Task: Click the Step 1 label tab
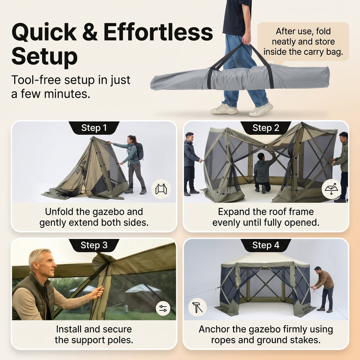94,128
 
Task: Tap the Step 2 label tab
265,128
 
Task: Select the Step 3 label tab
94,245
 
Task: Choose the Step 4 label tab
265,245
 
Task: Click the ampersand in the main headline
90,32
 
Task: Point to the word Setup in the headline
45,56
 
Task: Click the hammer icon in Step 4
198,307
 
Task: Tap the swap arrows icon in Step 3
163,308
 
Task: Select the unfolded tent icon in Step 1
161,189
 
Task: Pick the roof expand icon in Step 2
331,189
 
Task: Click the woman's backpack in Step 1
139,152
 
